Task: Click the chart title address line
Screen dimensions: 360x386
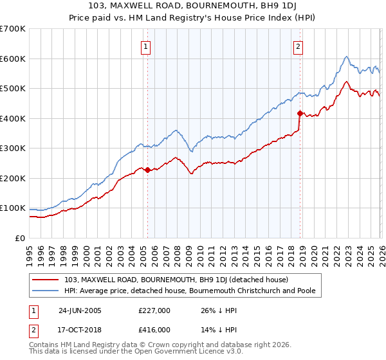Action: [193, 7]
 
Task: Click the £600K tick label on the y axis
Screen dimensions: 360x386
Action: [13, 59]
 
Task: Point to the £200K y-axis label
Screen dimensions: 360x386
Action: [13, 178]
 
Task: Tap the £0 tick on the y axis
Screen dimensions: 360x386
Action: [21, 238]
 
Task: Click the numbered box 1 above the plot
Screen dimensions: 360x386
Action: [147, 46]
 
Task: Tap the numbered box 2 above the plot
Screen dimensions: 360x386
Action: [299, 46]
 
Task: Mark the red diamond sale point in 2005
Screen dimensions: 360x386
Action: [147, 170]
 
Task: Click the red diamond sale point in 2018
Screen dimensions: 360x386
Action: [300, 114]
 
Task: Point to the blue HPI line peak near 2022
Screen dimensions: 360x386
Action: [346, 57]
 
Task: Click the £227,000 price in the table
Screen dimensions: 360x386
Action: [154, 310]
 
